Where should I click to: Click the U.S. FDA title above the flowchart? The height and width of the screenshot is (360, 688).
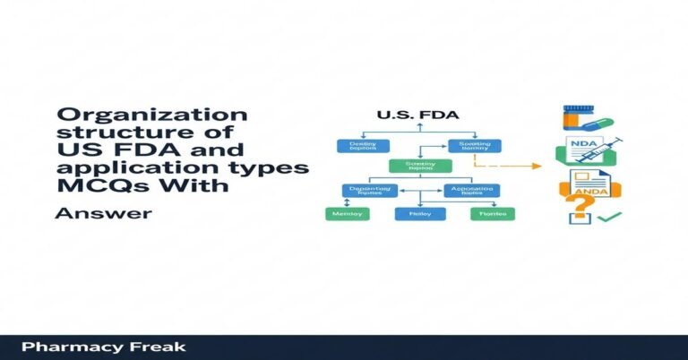[414, 115]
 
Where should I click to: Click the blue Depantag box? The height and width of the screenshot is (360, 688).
[369, 190]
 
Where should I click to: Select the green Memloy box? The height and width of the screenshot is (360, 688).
[345, 214]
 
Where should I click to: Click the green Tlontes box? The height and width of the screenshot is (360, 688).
[493, 214]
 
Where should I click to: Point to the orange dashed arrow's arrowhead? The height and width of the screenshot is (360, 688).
[537, 166]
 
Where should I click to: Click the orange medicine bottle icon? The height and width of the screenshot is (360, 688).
[578, 117]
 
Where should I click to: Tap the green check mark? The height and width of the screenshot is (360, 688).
[608, 218]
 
